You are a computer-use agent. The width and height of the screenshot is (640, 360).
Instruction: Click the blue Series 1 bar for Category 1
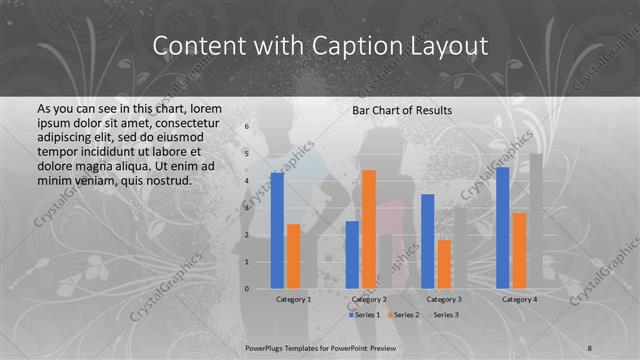pos(277,231)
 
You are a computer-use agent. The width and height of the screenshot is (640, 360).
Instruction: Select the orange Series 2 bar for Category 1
pos(293,256)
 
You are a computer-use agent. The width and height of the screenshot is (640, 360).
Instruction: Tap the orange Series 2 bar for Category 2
pos(368,229)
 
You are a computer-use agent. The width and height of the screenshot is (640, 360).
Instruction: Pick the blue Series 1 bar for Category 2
pos(352,255)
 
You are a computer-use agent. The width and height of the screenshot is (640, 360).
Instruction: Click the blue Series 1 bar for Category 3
pos(427,241)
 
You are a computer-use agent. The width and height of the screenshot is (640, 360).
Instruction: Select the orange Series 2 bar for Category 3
pos(443,264)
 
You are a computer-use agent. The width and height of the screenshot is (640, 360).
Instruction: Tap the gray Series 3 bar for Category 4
pos(535,221)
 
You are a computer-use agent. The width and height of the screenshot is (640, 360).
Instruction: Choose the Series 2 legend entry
pos(402,315)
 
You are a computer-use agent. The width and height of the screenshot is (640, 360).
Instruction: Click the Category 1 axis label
pos(293,299)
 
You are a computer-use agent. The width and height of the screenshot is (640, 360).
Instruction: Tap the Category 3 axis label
pos(443,299)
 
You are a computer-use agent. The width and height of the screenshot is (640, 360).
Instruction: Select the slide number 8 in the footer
pos(589,347)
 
